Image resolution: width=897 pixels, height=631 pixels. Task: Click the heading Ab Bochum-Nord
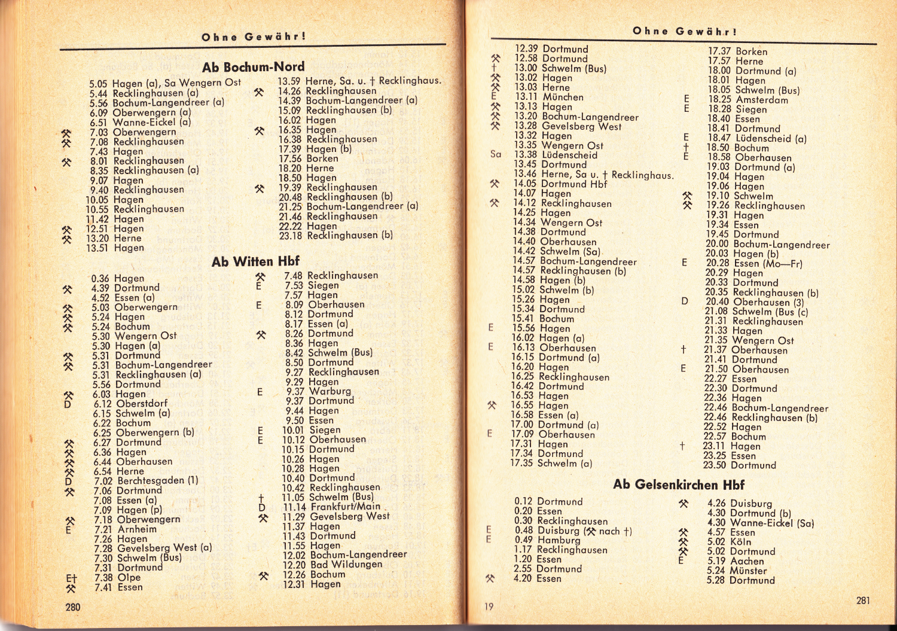253,67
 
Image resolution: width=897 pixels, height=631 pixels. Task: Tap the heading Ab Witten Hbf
255,261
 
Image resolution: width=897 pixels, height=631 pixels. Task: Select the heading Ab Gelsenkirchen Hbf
679,484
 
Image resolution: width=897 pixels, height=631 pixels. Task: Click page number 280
73,607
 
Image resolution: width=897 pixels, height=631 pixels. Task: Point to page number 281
863,600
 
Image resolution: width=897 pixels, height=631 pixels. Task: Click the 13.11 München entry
549,97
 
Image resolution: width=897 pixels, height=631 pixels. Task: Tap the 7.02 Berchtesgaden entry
146,481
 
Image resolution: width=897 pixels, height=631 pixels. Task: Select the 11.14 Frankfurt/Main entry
331,507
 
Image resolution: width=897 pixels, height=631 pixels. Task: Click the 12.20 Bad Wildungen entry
332,565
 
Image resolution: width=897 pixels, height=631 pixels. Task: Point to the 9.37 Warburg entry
318,392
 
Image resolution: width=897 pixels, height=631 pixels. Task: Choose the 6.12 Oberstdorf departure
130,404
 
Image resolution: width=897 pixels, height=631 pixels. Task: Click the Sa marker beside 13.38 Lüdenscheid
496,154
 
